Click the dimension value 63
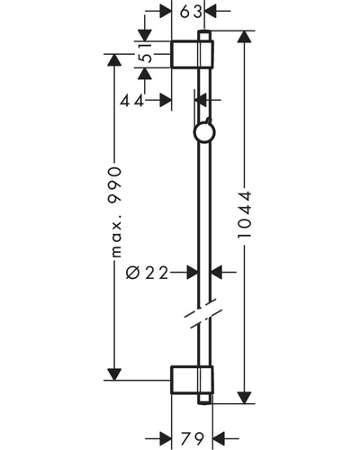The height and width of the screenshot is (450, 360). pos(191,12)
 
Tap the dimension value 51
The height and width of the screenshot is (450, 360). pos(147,53)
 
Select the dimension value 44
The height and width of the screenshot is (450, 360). pos(132,102)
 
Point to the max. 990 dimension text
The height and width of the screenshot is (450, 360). pos(115,212)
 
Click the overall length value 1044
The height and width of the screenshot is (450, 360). pos(244,215)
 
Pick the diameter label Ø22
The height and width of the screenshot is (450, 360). pos(147,273)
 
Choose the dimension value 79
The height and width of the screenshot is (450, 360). pos(193,439)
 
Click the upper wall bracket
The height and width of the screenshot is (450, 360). pos(192,54)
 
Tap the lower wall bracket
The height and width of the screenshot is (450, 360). pos(192,380)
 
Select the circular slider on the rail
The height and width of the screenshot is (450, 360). pos(204,133)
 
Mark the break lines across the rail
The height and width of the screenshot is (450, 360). pos(203,313)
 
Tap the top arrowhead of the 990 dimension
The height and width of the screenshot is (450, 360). pos(114,60)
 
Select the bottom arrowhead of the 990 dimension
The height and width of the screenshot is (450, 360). pos(114,374)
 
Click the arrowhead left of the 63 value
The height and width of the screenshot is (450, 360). pos(165,12)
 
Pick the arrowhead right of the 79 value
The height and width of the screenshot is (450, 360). pos(219,439)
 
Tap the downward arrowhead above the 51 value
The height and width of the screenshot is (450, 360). pos(144,35)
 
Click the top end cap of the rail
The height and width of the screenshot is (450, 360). pos(204,35)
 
